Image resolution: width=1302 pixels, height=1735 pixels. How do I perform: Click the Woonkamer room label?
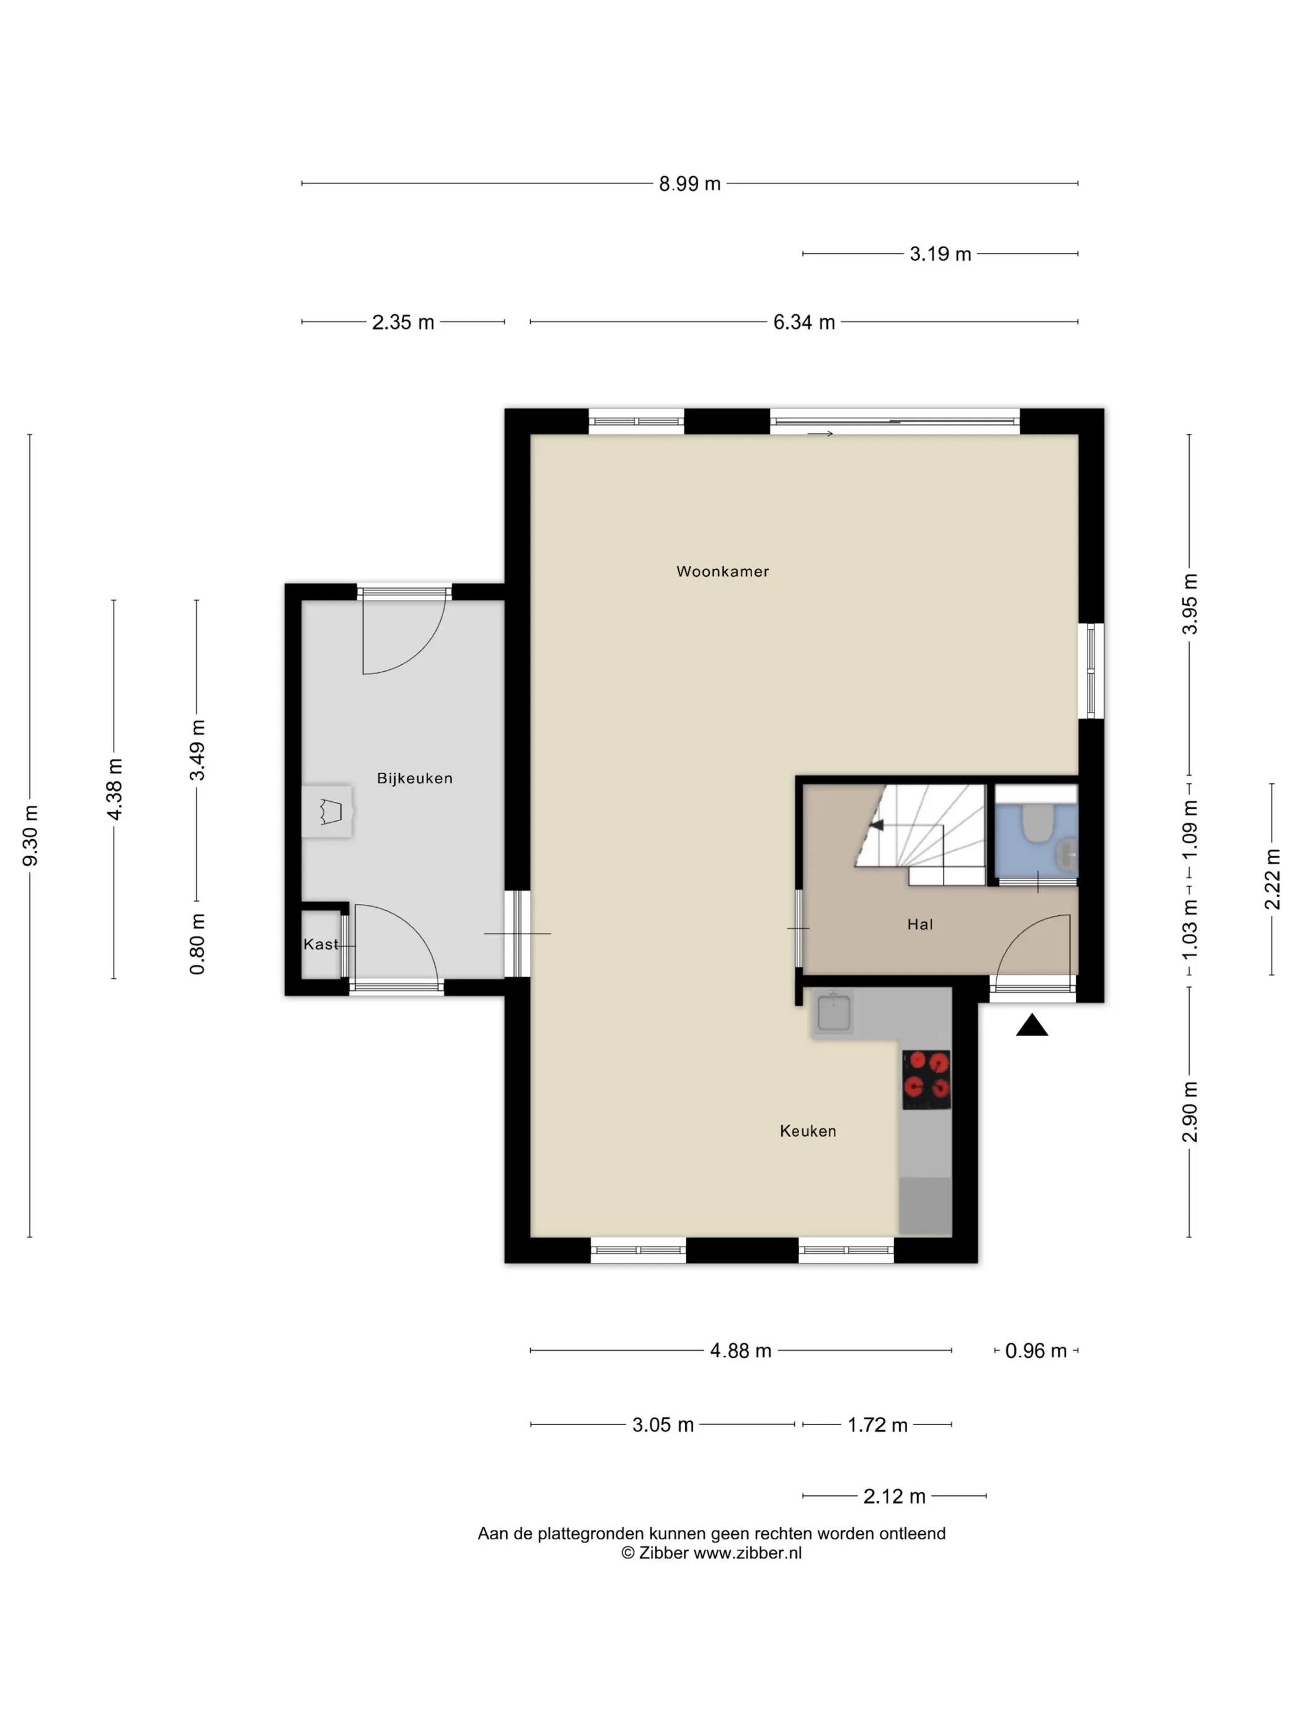(x=722, y=572)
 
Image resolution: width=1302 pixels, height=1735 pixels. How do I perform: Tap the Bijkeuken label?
(x=414, y=778)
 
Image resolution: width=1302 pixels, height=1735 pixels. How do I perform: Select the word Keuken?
(x=808, y=1131)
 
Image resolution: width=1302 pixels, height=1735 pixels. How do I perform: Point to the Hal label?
(x=920, y=925)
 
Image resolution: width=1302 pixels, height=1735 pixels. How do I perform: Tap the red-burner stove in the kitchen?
(x=926, y=1079)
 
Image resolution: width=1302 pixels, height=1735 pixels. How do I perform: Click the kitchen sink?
(x=833, y=1012)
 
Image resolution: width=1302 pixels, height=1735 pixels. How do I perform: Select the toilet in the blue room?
(x=1037, y=824)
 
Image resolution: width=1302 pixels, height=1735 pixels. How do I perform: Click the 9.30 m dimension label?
(x=30, y=836)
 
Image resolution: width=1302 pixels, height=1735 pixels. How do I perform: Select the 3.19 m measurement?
(x=940, y=254)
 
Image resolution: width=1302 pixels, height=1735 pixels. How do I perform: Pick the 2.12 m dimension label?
(x=895, y=1496)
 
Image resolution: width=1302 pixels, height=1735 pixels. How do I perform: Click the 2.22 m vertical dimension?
(x=1272, y=879)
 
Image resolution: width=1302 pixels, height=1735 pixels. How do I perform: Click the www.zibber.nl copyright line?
(x=712, y=1553)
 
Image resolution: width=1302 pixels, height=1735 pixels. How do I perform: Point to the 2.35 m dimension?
(x=402, y=322)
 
